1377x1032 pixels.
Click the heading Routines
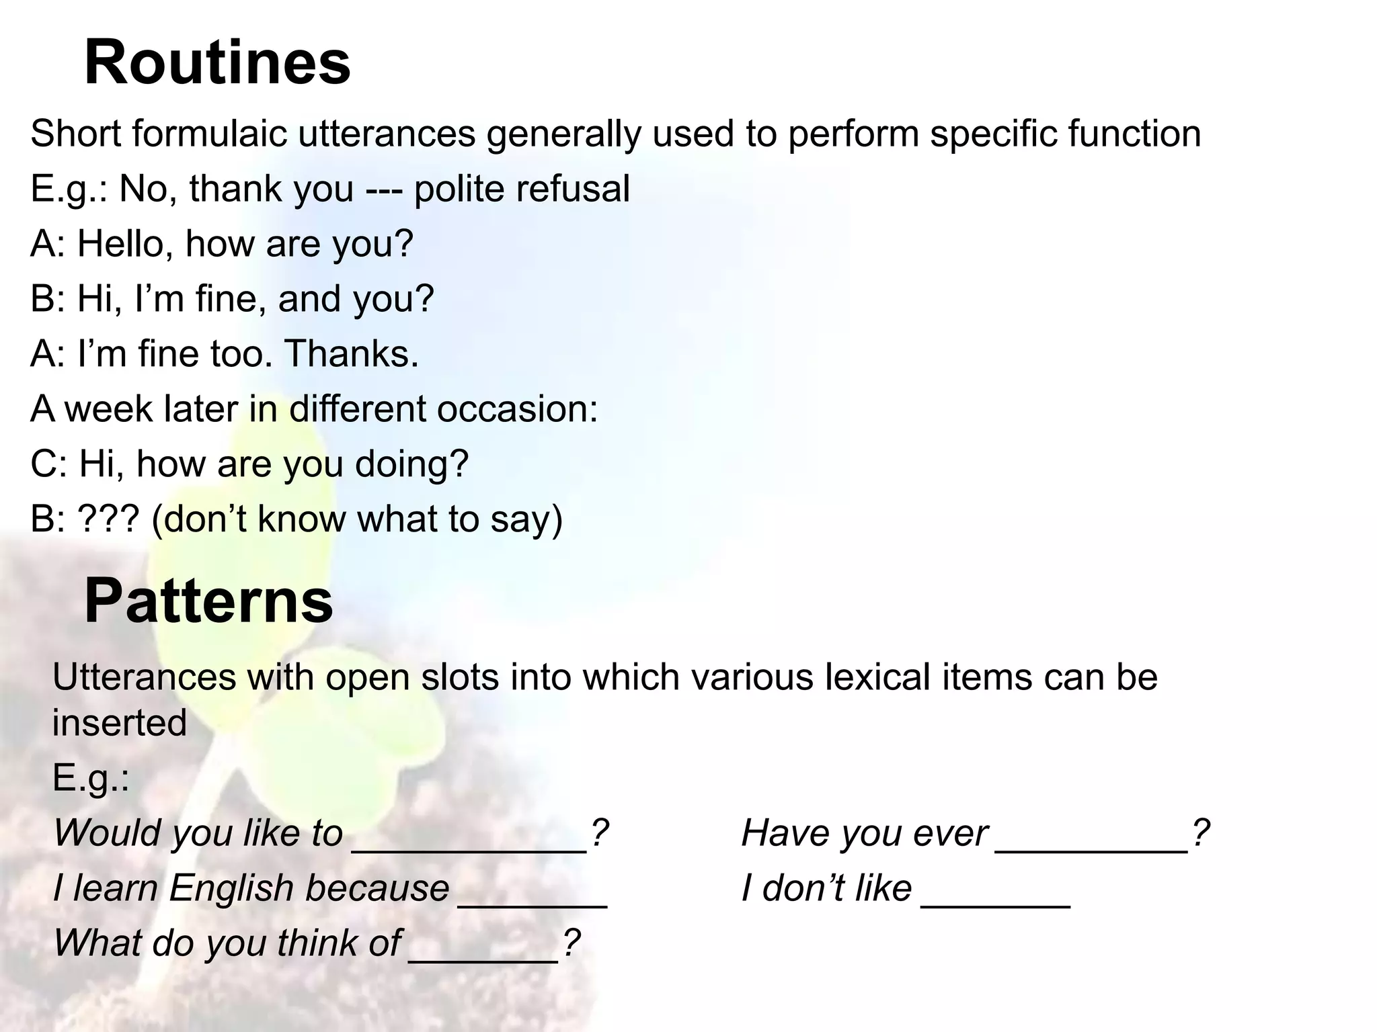coord(217,62)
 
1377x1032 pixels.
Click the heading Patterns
coord(208,601)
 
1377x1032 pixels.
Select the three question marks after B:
coord(108,519)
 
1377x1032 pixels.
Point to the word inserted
coord(120,724)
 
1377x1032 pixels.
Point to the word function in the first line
coord(1134,134)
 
